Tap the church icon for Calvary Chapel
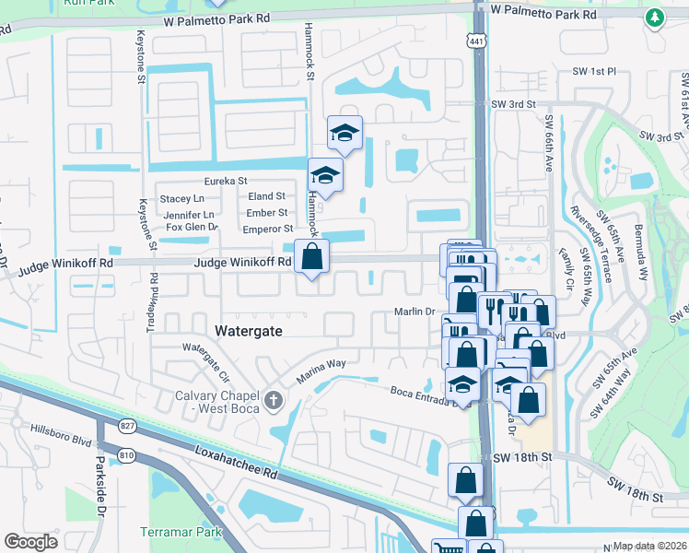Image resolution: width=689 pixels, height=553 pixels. [x=273, y=400]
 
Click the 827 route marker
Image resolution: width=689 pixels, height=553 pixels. [x=127, y=426]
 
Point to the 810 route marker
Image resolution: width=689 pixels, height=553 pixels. [x=127, y=453]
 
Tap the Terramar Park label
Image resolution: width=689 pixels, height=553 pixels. [x=181, y=532]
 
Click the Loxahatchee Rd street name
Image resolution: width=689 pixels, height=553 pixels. [x=236, y=462]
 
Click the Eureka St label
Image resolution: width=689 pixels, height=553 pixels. [x=228, y=182]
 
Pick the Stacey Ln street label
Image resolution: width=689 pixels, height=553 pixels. [x=181, y=198]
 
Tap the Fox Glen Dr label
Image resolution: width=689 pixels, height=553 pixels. [x=191, y=227]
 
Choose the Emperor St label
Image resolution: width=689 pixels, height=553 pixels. [x=267, y=229]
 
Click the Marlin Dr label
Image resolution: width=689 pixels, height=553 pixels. [x=415, y=312]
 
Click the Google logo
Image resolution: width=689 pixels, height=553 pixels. [x=30, y=542]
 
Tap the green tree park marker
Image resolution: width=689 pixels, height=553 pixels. [x=654, y=18]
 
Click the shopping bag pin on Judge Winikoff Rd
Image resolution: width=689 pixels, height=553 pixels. [x=311, y=255]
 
